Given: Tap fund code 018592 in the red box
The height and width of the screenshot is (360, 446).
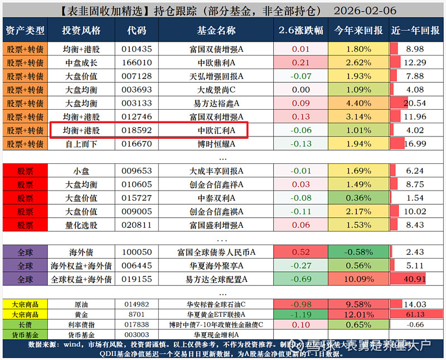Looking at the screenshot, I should [137, 130].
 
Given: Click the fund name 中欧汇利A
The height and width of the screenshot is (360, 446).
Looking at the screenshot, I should [216, 130].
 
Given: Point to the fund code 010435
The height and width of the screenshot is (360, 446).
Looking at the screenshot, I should [137, 49].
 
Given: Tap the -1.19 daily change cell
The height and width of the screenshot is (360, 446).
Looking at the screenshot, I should [301, 314].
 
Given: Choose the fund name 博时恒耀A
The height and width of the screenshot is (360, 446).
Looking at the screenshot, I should [216, 144].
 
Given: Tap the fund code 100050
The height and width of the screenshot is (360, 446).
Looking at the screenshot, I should [137, 252].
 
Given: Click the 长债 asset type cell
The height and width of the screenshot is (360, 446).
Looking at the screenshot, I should [25, 324].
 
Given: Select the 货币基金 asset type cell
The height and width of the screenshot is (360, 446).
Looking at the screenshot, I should [25, 334].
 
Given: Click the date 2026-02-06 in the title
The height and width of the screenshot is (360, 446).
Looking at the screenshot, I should [365, 11].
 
